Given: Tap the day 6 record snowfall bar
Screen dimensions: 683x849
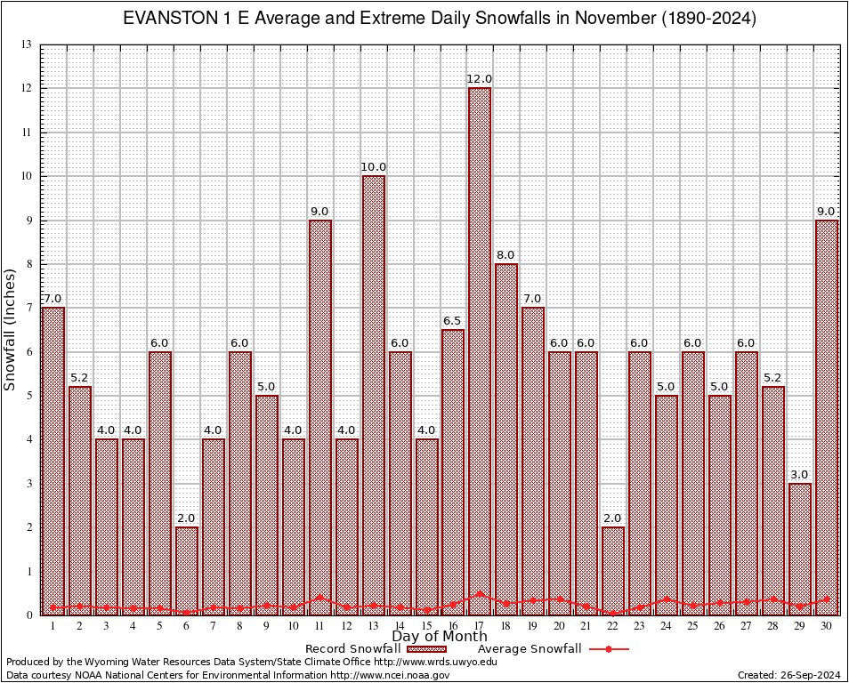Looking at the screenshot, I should click(187, 569).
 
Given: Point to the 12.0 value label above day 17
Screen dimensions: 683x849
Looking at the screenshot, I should click(480, 79).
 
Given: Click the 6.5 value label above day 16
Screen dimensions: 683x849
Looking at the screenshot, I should click(453, 321).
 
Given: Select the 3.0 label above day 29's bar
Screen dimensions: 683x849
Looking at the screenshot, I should click(800, 475).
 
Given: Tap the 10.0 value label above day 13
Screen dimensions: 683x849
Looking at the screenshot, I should click(373, 167).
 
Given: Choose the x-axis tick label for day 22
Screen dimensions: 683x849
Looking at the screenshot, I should click(613, 626).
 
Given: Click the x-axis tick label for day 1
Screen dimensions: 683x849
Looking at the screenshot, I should click(53, 626).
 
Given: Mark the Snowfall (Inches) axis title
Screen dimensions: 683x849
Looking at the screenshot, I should click(11, 329).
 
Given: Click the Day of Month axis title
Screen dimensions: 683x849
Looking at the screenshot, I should click(440, 637).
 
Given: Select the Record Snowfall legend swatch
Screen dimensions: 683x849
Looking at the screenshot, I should click(427, 649).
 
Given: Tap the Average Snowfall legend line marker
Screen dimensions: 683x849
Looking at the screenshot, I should click(609, 649).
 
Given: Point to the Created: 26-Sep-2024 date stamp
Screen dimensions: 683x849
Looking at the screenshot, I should click(789, 675).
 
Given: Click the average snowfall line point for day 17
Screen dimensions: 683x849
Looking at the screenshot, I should click(480, 594).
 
